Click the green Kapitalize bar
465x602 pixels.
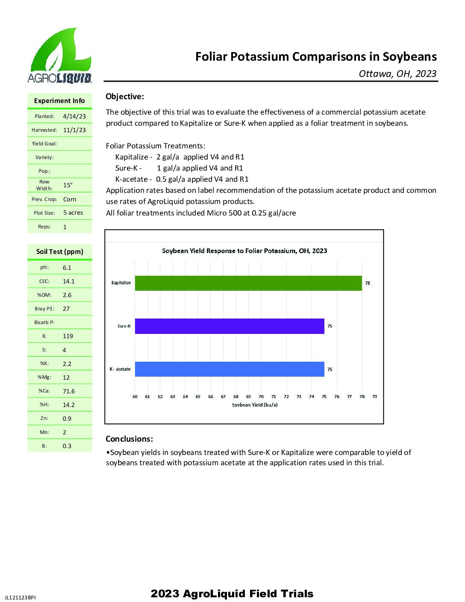[x=248, y=283]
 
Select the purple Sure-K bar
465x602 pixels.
[x=230, y=326]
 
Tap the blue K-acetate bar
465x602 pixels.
[x=230, y=369]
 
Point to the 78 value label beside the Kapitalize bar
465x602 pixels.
[x=368, y=283]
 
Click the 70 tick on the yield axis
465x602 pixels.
[x=261, y=397]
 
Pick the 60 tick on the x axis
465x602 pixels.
[x=135, y=397]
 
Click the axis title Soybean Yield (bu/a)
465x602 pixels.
[x=255, y=405]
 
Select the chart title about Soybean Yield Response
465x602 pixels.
[x=244, y=251]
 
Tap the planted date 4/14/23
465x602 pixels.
[x=74, y=116]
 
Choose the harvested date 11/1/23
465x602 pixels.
[x=74, y=130]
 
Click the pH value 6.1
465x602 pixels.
[x=67, y=268]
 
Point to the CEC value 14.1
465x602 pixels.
[x=69, y=281]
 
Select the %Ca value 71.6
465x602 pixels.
[x=69, y=391]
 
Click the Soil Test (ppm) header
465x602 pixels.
[x=60, y=252]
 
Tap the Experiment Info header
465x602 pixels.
[x=59, y=101]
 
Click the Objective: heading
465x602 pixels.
[x=125, y=97]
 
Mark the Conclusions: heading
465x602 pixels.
[x=129, y=439]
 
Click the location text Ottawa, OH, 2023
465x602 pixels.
[x=397, y=74]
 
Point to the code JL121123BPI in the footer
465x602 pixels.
[x=20, y=598]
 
